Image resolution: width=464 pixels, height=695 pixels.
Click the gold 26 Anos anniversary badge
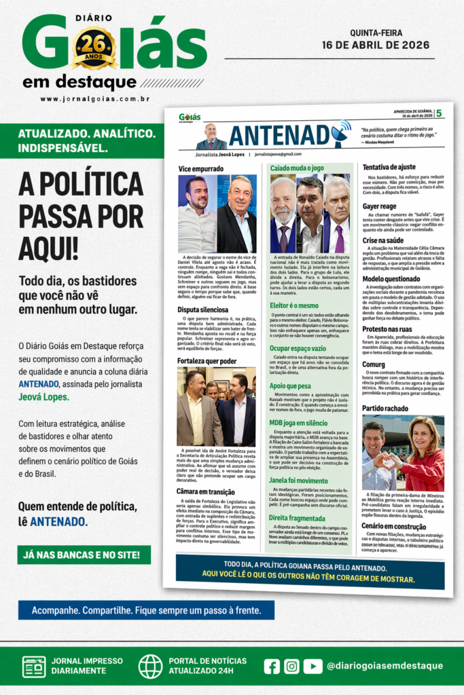point(94,48)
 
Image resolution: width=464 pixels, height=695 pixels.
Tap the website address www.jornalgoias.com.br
point(94,99)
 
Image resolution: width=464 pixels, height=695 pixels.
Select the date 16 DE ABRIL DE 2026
point(376,45)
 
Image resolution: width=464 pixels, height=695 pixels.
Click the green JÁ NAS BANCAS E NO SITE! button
point(84,555)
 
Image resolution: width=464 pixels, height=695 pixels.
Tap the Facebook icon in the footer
point(272,666)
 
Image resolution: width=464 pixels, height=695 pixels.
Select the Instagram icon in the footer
point(291,666)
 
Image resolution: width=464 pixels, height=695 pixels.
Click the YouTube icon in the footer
point(313,666)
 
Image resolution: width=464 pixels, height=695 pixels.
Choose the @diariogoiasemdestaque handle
point(384,666)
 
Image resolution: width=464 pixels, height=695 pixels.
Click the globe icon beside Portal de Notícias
point(150,666)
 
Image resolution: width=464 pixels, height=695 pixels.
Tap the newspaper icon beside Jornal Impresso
point(34,666)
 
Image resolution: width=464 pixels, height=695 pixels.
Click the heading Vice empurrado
point(200,168)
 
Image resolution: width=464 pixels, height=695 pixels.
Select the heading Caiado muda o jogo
point(298,167)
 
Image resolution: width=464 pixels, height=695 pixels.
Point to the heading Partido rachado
point(385,408)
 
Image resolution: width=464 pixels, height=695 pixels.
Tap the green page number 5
point(438,113)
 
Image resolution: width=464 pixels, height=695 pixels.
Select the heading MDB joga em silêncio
point(298,423)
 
